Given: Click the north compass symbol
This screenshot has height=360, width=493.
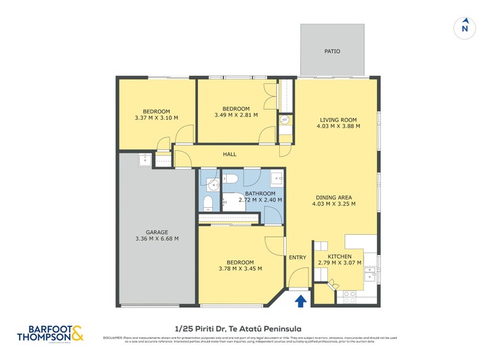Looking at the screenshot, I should pyautogui.click(x=465, y=27).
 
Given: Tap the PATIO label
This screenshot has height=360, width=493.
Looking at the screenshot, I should pyautogui.click(x=332, y=51).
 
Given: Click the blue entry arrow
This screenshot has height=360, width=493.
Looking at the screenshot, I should pyautogui.click(x=301, y=300).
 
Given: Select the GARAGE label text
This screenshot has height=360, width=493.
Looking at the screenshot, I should pyautogui.click(x=157, y=232).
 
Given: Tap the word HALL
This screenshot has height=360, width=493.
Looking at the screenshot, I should pyautogui.click(x=229, y=154).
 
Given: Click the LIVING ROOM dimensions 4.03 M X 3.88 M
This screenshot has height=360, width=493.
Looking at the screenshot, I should pyautogui.click(x=338, y=126).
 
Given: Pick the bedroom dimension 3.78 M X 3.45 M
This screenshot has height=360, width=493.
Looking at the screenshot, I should pyautogui.click(x=241, y=268).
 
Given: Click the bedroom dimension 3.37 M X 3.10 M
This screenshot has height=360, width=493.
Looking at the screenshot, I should pyautogui.click(x=156, y=118).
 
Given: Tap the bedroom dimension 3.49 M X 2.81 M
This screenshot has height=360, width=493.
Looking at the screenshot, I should pyautogui.click(x=236, y=115).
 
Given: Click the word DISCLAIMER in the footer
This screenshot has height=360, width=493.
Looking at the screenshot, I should pyautogui.click(x=113, y=338).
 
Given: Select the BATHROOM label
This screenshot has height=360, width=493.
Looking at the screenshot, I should pyautogui.click(x=260, y=193).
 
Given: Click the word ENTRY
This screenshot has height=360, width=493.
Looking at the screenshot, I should pyautogui.click(x=298, y=258).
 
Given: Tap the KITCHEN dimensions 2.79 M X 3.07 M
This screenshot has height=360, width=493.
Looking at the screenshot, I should pyautogui.click(x=340, y=263).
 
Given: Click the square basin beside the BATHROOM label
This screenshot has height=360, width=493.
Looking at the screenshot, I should pyautogui.click(x=276, y=180).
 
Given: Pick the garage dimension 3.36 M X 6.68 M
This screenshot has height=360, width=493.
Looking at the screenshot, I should pyautogui.click(x=157, y=239).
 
